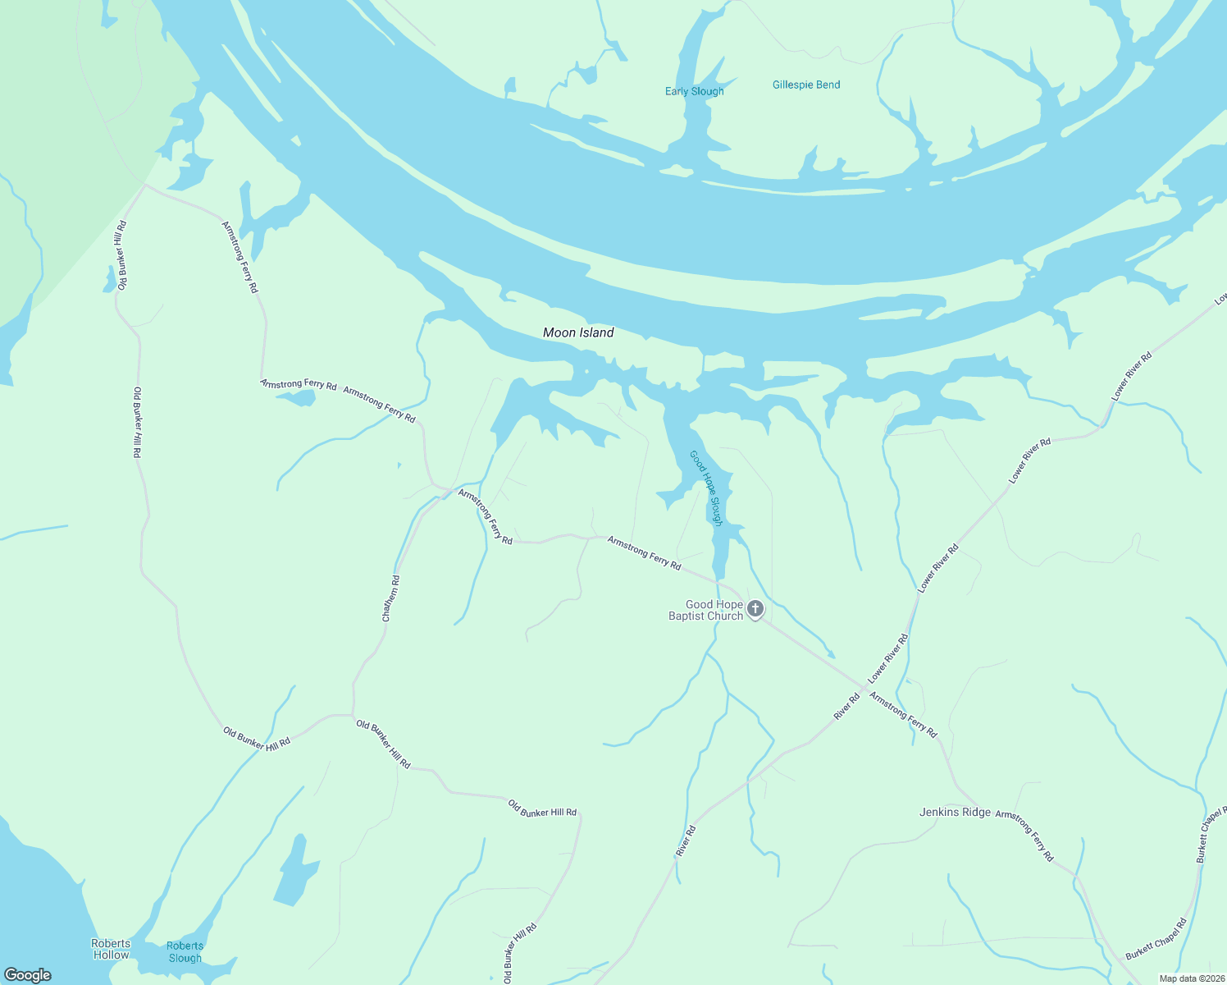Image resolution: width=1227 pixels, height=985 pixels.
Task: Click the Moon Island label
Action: click(578, 332)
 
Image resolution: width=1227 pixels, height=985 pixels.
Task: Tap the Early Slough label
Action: click(694, 91)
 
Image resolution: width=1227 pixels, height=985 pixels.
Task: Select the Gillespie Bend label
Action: click(806, 85)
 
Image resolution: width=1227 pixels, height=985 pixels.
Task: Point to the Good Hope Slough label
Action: click(706, 488)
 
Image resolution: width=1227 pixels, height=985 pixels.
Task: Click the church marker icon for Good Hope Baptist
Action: click(755, 609)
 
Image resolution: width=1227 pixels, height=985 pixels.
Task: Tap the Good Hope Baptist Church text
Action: click(705, 610)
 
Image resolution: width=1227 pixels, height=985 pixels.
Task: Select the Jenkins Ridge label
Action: click(955, 812)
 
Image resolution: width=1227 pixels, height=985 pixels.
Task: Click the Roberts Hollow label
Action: click(111, 949)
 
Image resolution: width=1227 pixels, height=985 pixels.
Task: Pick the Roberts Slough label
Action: click(185, 951)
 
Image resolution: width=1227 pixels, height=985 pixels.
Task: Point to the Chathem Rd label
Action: click(391, 598)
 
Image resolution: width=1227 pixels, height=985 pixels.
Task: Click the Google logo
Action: click(28, 974)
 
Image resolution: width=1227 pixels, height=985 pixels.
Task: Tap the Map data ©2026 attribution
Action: click(1191, 978)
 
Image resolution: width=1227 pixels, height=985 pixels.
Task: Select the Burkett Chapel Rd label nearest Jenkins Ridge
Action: click(1156, 939)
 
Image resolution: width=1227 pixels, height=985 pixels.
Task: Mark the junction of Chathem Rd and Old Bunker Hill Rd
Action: click(353, 715)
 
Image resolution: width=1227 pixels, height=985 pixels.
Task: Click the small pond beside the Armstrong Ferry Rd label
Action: click(296, 398)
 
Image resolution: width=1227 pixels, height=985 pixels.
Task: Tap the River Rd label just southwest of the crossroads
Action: click(846, 707)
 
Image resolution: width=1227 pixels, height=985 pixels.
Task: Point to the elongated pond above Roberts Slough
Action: click(295, 870)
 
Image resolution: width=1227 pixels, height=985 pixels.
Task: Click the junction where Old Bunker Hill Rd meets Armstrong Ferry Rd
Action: click(146, 186)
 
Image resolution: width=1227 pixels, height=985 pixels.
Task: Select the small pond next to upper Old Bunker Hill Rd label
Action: click(109, 281)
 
